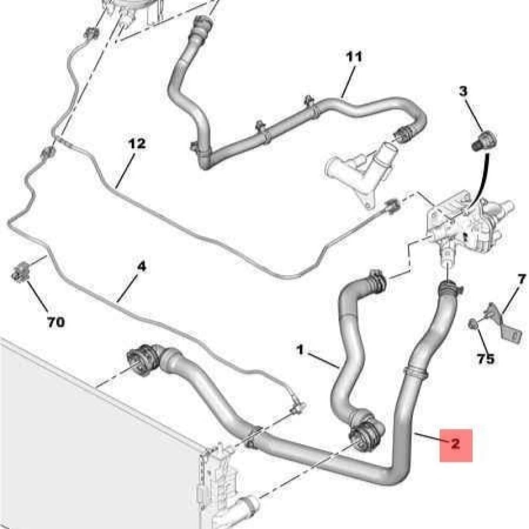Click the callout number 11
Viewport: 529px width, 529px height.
pyautogui.click(x=354, y=56)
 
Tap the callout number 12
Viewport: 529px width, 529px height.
pyautogui.click(x=138, y=144)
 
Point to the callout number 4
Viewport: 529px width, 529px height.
pyautogui.click(x=142, y=267)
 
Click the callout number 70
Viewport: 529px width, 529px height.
pyautogui.click(x=56, y=322)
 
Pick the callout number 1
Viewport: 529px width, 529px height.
pyautogui.click(x=300, y=350)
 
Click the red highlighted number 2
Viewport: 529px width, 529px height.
pyautogui.click(x=456, y=444)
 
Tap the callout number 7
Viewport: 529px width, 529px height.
pyautogui.click(x=521, y=279)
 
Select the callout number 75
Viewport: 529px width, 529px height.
pyautogui.click(x=485, y=359)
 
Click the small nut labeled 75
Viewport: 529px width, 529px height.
pyautogui.click(x=473, y=324)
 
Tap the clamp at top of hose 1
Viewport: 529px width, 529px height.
pyautogui.click(x=377, y=281)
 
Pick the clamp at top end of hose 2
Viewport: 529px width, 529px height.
pyautogui.click(x=450, y=287)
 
